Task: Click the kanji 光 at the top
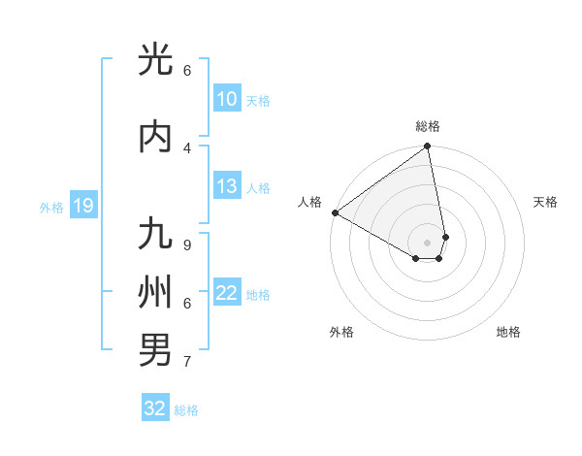[155, 60]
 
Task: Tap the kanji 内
[155, 137]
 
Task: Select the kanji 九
[155, 235]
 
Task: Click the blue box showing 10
[226, 99]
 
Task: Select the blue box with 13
[226, 186]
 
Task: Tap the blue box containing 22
[226, 293]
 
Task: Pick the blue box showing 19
[82, 206]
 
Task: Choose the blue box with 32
[155, 408]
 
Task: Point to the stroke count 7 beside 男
[186, 362]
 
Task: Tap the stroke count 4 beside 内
[186, 147]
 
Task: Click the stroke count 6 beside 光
[186, 71]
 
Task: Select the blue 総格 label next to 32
[186, 410]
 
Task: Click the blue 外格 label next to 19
[50, 207]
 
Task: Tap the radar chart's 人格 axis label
[310, 202]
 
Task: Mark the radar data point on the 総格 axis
[428, 147]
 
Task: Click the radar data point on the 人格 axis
[335, 212]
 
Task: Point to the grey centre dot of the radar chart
[428, 242]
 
